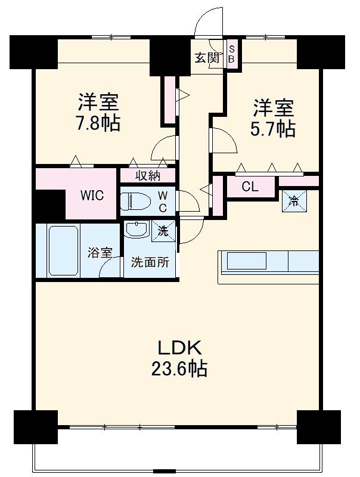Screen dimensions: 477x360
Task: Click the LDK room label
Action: point(181,348)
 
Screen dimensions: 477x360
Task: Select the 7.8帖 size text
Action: point(98,123)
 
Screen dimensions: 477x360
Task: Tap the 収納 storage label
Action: point(147,175)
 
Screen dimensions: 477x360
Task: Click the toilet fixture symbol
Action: point(136,202)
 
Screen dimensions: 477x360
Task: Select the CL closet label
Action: point(250,186)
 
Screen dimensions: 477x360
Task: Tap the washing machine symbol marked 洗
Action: point(163,231)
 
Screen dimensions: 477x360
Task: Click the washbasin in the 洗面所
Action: point(138,230)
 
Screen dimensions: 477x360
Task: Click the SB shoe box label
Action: point(232,55)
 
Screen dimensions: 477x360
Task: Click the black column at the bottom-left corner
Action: point(35,427)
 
